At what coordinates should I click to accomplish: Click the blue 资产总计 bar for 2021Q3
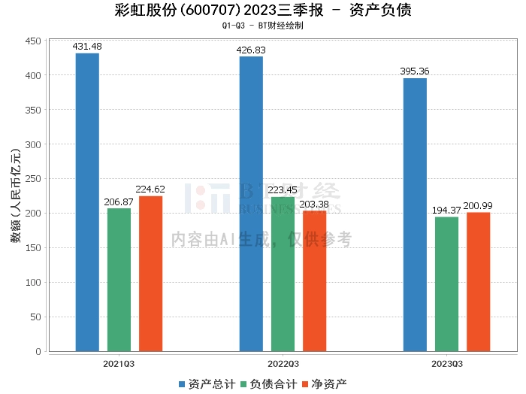[x=87, y=202]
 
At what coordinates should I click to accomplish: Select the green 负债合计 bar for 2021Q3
[x=119, y=280]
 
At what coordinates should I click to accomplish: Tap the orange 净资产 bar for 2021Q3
[x=150, y=274]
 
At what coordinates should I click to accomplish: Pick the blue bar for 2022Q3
[x=251, y=204]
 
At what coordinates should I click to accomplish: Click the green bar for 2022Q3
[x=283, y=274]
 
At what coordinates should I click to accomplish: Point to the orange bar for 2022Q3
[x=314, y=281]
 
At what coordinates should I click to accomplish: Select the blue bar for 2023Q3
[x=415, y=215]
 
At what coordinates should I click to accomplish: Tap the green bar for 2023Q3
[x=446, y=284]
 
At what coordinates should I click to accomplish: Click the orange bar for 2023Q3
[x=479, y=282]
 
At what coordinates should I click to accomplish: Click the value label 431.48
[x=87, y=47]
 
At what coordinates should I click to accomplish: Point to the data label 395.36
[x=415, y=71]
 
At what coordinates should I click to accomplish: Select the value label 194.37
[x=446, y=211]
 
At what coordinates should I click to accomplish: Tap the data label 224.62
[x=150, y=189]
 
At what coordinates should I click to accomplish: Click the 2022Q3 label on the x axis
[x=283, y=364]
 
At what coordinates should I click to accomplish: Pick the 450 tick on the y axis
[x=33, y=41]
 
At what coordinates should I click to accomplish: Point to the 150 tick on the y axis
[x=33, y=248]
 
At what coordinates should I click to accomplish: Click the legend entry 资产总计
[x=207, y=384]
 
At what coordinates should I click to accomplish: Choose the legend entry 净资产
[x=325, y=384]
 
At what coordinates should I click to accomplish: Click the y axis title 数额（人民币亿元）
[x=16, y=195]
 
